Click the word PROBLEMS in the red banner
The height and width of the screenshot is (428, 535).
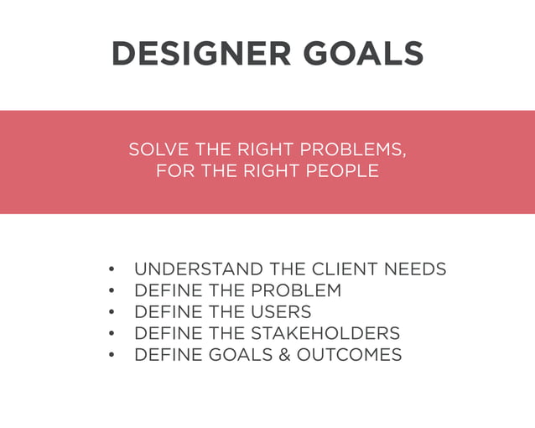pos(352,150)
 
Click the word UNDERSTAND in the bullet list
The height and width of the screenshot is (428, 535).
pos(199,269)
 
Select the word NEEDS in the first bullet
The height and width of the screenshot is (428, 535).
pos(415,269)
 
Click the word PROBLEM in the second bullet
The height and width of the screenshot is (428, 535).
pos(296,291)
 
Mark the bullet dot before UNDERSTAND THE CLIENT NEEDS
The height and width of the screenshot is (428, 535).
pos(112,270)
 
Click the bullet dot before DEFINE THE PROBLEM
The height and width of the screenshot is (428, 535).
pos(112,291)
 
